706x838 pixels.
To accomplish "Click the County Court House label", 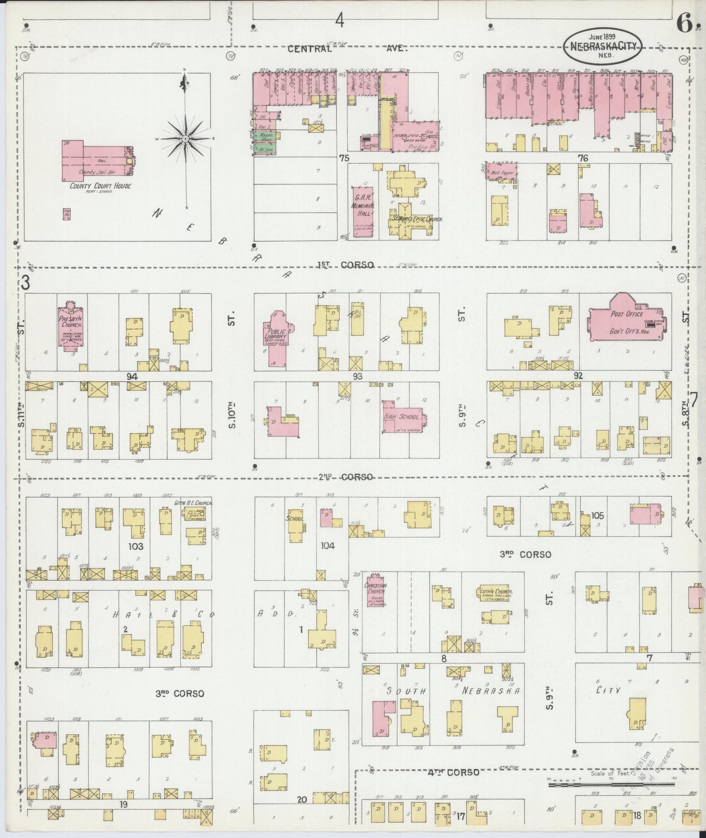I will (x=100, y=186).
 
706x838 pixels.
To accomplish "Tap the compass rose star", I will (x=186, y=139).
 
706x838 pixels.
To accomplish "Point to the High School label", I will (x=402, y=417).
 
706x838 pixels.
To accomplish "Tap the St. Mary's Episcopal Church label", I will (x=416, y=220).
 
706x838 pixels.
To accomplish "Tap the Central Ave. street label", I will (x=347, y=48).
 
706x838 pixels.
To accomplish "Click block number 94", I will (x=131, y=376).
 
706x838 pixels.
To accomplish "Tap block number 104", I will (x=327, y=546).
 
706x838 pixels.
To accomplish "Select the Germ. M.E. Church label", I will (x=193, y=502).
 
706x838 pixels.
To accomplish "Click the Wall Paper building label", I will (x=501, y=173).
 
